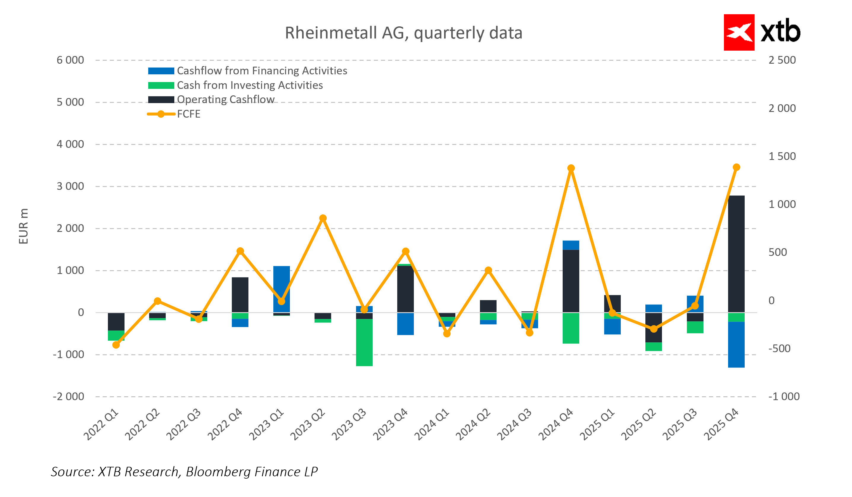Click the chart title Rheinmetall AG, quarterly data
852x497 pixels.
coord(403,33)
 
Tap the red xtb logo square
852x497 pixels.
coord(739,33)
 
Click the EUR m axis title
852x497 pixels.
coord(23,226)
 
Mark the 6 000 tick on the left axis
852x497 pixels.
coord(70,60)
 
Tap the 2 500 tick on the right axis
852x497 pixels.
coord(782,60)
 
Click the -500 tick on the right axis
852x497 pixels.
coord(779,349)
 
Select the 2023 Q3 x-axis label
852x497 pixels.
coord(349,424)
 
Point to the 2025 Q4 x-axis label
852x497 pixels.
coord(722,424)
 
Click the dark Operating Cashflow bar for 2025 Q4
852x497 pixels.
coord(736,254)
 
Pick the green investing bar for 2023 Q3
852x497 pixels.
coord(364,343)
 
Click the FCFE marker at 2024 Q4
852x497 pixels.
coord(571,168)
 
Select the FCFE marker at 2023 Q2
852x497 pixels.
coord(323,218)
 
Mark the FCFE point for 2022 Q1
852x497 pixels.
coord(116,345)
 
